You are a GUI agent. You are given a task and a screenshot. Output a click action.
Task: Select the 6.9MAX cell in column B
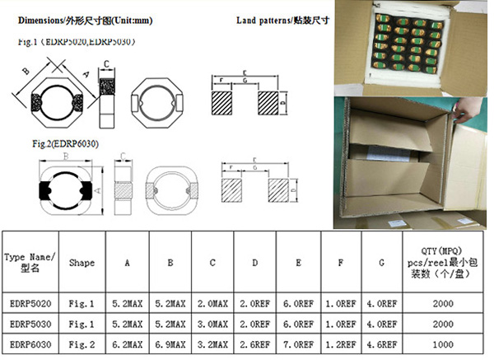[x=170, y=343]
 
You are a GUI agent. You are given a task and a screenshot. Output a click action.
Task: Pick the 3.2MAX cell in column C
[x=212, y=343]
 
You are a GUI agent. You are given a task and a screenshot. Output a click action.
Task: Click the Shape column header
[x=82, y=264]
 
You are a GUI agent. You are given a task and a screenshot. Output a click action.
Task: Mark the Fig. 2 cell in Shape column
[x=82, y=343]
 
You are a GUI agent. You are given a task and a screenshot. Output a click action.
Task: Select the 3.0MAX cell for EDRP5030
[x=212, y=322]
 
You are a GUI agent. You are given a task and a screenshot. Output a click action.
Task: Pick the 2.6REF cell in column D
[x=255, y=343]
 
